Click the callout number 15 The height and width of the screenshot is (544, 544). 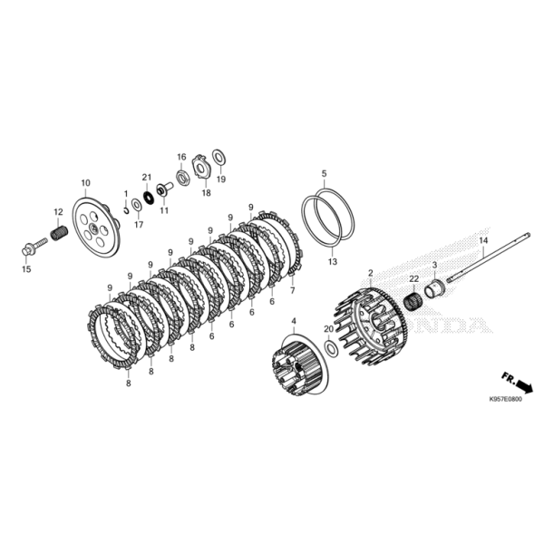click(26, 269)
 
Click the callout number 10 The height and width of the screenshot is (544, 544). click(86, 183)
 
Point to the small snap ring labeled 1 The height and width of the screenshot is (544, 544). click(127, 209)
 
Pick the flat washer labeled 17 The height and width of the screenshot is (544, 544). click(136, 206)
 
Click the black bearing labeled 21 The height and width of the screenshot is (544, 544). click(150, 198)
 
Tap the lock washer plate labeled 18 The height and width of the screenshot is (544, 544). click(200, 167)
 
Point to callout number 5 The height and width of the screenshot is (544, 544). click(324, 173)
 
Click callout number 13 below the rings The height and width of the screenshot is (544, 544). click(333, 261)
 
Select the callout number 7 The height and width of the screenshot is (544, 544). click(293, 290)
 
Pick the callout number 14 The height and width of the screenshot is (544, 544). click(483, 240)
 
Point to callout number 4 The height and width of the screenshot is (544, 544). click(294, 321)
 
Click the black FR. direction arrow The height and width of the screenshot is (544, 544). click(523, 386)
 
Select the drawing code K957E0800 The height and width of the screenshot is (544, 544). click(505, 399)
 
